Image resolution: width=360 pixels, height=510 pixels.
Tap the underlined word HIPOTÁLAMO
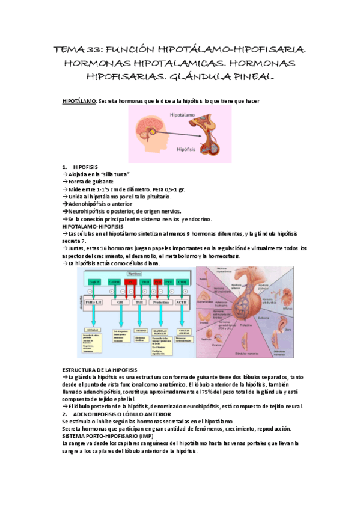pos(79,100)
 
